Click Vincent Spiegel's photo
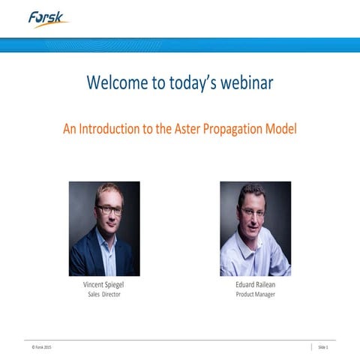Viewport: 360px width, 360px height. tap(104, 229)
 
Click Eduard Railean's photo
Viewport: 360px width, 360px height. tap(255, 229)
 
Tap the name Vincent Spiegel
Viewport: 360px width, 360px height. tap(104, 286)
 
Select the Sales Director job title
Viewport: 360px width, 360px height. tap(104, 295)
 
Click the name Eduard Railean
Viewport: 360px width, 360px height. tap(255, 286)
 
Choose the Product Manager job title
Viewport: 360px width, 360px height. tap(255, 295)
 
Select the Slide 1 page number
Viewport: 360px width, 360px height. tap(323, 347)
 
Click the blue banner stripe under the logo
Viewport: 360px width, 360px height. tap(180, 44)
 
